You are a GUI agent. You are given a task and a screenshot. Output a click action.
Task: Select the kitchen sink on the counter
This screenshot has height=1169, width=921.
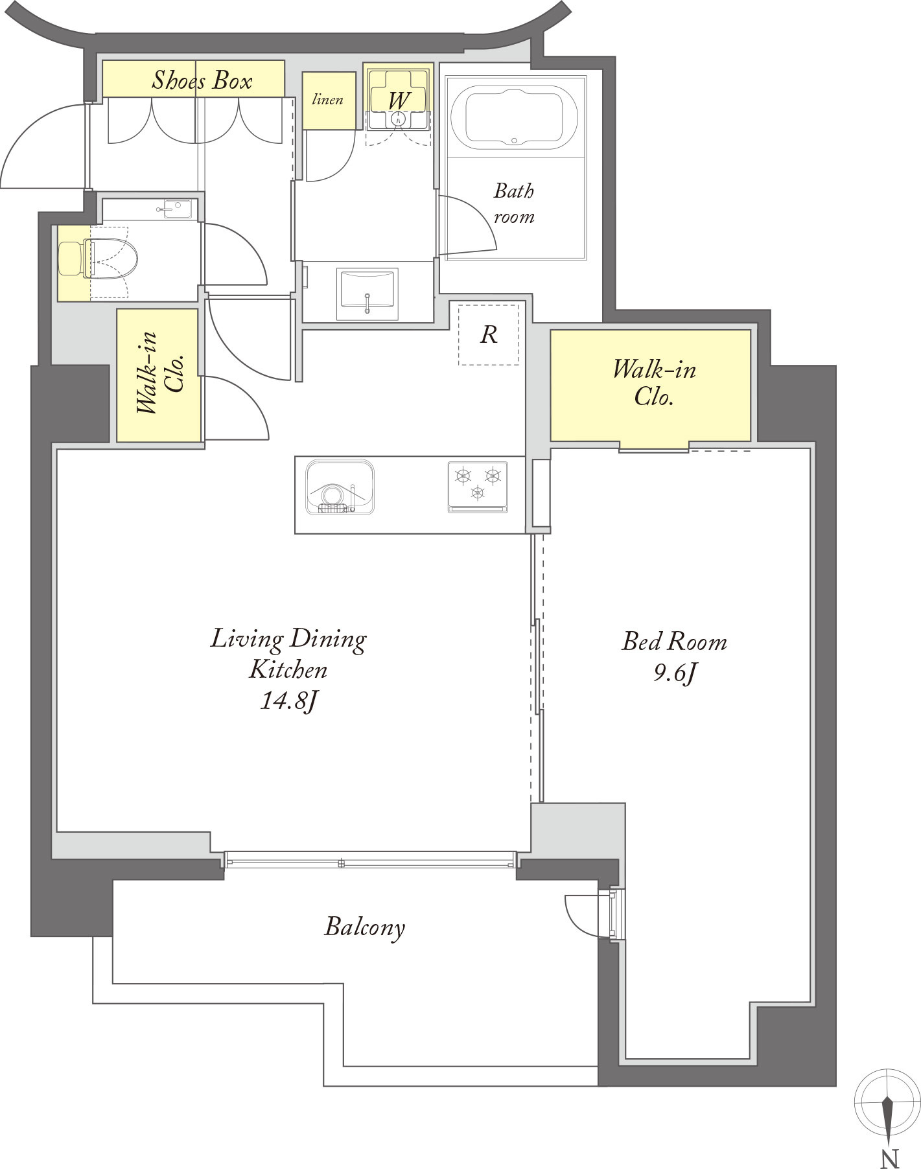340,488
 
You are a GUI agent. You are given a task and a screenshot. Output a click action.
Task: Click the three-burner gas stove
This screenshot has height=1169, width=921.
478,487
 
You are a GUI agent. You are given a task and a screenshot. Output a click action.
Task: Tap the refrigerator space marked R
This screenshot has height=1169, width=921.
489,334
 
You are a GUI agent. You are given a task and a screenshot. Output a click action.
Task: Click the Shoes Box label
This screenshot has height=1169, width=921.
202,80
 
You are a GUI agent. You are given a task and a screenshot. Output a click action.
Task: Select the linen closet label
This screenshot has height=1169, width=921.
328,100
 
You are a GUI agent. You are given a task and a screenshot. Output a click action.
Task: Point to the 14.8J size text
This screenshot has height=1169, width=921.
288,701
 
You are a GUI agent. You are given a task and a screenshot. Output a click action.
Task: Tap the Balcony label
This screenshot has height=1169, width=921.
364,927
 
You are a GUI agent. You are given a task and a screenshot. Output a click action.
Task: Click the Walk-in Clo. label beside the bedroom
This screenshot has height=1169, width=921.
654,382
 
